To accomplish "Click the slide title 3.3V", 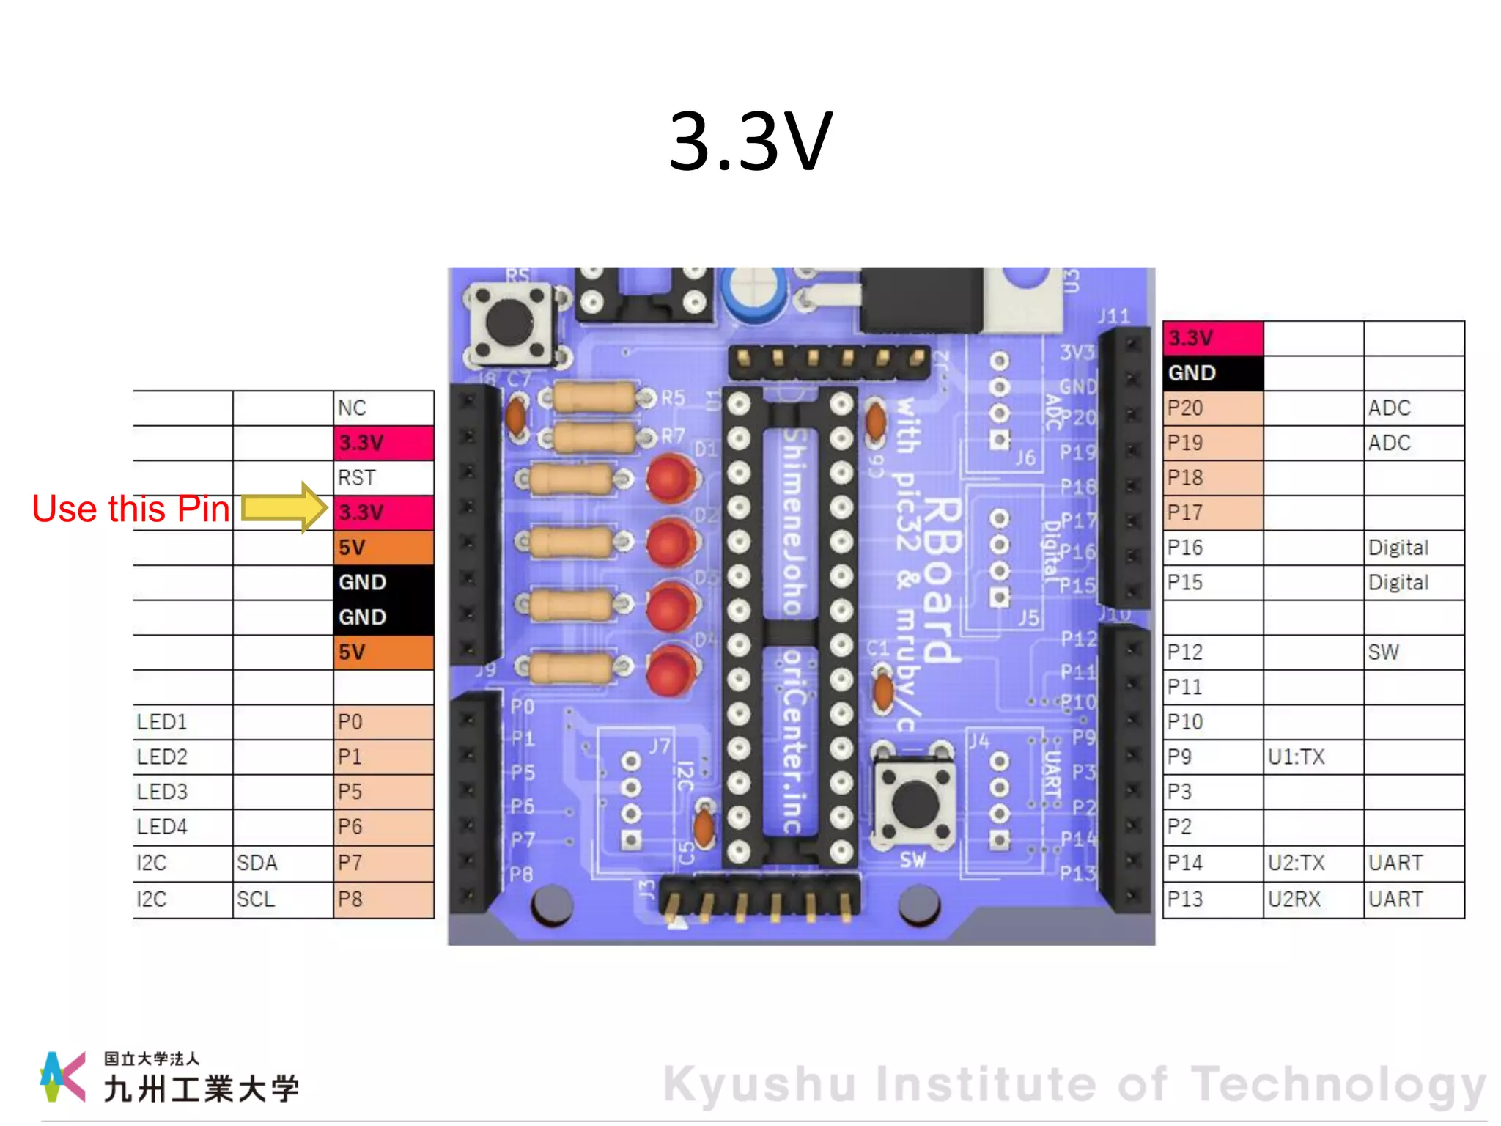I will click(x=750, y=141).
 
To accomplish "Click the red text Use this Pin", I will click(x=130, y=509).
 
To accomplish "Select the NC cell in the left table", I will click(x=383, y=408).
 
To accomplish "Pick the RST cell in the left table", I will click(x=383, y=478).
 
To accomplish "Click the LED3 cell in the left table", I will click(x=182, y=792).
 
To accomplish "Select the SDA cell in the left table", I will click(x=283, y=863).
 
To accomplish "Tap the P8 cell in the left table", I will click(x=383, y=899).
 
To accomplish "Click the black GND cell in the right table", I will click(x=1212, y=373).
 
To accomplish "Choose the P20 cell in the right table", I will click(x=1212, y=408).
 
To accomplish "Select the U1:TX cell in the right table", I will click(x=1313, y=757).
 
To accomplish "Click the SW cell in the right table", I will click(x=1413, y=652).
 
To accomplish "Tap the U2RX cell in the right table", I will click(x=1313, y=899).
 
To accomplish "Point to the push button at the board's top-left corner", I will click(x=509, y=323).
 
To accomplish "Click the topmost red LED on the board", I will click(x=671, y=478).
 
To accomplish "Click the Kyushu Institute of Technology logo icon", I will click(x=62, y=1076).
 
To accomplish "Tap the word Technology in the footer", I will click(x=1337, y=1084).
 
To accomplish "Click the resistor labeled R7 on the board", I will click(x=594, y=438).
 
